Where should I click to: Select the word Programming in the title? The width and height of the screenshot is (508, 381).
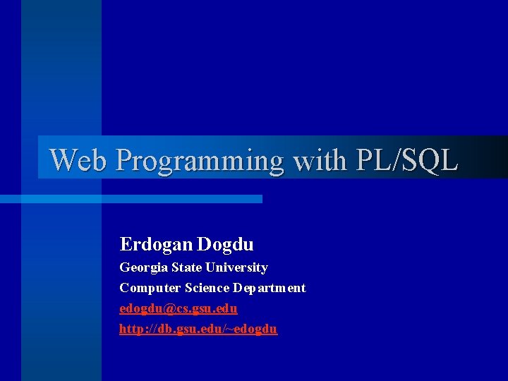[200, 160]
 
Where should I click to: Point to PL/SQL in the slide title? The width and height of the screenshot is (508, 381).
[407, 160]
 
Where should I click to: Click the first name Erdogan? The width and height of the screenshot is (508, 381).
[155, 245]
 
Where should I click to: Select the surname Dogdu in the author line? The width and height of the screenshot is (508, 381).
[225, 245]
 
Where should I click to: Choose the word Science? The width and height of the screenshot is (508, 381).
[207, 288]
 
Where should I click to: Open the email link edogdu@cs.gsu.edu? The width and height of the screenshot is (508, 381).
[179, 309]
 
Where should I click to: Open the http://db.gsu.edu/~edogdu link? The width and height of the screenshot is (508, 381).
[198, 329]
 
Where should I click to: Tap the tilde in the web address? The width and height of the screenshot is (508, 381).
[231, 329]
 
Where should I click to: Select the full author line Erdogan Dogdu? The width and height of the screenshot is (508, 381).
[186, 245]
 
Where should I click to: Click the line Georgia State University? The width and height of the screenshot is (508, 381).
[193, 267]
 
